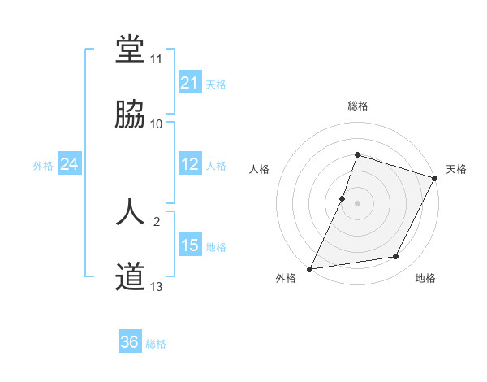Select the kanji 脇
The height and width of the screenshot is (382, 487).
tap(130, 115)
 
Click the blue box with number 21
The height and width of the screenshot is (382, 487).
tap(189, 82)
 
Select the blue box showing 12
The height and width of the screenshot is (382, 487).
tap(189, 164)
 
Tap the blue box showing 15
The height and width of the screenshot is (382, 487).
tap(189, 245)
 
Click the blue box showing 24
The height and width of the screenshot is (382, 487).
tap(69, 164)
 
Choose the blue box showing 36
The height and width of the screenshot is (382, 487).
tap(129, 342)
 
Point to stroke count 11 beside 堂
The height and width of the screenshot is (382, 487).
tap(157, 59)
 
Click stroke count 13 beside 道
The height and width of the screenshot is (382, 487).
tap(157, 287)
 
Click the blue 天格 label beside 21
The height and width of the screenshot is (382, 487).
tap(216, 84)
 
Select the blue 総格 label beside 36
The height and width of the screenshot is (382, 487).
tap(156, 344)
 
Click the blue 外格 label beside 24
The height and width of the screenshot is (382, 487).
tap(43, 166)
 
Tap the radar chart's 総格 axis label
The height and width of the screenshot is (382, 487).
tap(358, 106)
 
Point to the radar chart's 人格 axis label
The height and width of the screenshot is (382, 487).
tap(259, 169)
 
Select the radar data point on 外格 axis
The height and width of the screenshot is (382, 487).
tap(310, 268)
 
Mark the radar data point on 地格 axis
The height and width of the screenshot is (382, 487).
tap(396, 257)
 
